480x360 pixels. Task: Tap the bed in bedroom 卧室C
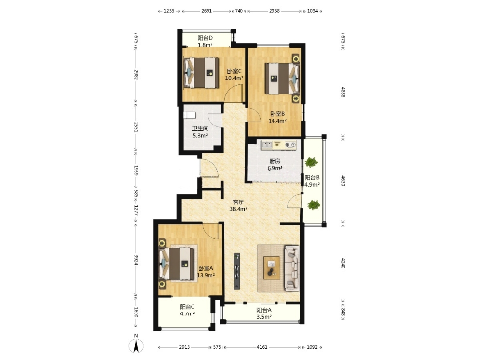[201, 73]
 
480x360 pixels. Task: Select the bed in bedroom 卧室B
[282, 78]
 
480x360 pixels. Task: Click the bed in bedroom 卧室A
[176, 264]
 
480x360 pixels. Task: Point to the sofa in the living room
[292, 268]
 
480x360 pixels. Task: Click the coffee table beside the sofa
[272, 267]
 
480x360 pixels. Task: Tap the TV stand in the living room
[237, 271]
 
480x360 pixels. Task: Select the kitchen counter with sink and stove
[279, 145]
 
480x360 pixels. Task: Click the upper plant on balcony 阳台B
[311, 162]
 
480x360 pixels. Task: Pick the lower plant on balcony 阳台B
[314, 204]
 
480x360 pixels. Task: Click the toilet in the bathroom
[189, 115]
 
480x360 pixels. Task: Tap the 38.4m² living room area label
[239, 209]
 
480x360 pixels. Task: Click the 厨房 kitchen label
[274, 161]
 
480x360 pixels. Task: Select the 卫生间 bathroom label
[200, 128]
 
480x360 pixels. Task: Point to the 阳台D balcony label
[205, 38]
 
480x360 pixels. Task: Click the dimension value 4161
[262, 347]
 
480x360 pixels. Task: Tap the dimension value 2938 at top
[274, 11]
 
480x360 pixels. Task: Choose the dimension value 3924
[136, 260]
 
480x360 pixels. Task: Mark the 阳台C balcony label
[187, 307]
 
